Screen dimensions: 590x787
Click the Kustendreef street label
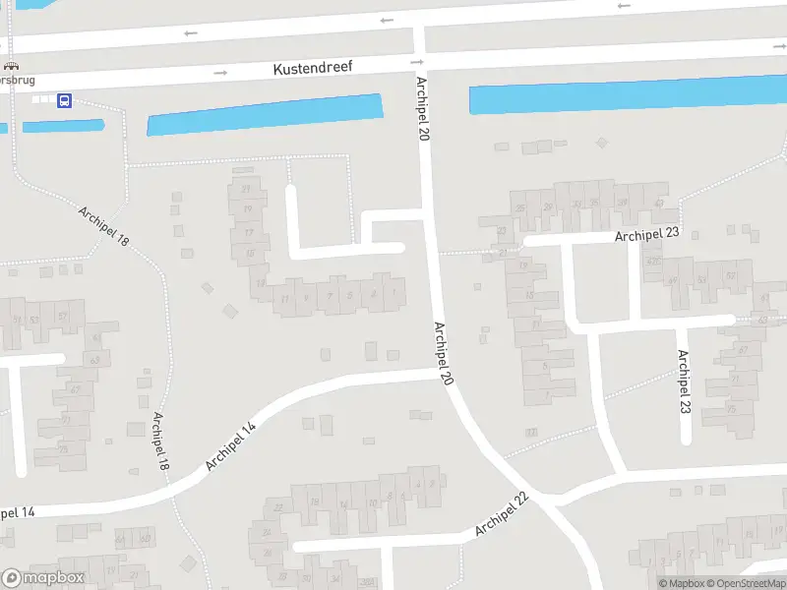tap(312, 67)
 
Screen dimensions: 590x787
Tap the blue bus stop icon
tap(64, 100)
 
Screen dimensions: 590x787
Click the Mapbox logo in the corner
tap(43, 578)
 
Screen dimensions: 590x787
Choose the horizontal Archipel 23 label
tap(648, 236)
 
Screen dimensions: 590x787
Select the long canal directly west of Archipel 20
tap(264, 114)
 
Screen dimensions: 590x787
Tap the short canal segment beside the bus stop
tap(63, 126)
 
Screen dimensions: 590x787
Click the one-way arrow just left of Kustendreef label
tap(221, 72)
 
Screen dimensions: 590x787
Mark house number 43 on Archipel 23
tap(659, 203)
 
